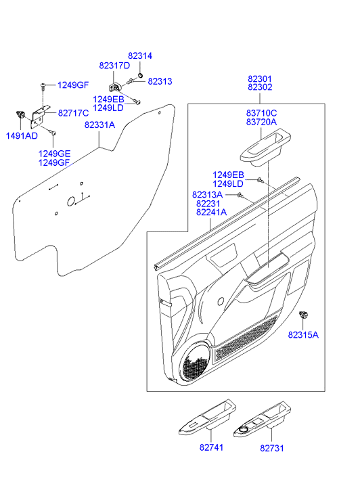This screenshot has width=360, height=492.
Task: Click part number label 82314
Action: click(140, 56)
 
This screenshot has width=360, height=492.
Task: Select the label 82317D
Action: click(114, 66)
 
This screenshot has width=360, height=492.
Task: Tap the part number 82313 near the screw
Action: click(160, 82)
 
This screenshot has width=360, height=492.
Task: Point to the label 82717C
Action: click(74, 113)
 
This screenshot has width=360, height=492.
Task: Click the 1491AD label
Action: click(22, 136)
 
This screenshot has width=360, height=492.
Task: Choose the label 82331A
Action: click(99, 125)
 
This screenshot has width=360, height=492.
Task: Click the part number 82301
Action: click(260, 79)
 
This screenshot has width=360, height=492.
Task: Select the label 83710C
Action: click(261, 113)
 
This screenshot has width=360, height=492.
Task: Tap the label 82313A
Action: click(207, 195)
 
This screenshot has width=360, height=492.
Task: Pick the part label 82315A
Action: click(303, 335)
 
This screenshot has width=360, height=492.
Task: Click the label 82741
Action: click(212, 447)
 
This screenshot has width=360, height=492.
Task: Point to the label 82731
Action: click(272, 448)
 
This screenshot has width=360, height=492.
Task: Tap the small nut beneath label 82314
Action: click(140, 75)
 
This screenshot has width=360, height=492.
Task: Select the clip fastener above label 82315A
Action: click(304, 315)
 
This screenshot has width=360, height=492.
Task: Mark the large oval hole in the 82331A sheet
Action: click(71, 202)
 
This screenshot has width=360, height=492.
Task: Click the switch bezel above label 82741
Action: click(208, 417)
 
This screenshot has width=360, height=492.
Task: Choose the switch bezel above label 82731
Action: click(263, 419)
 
